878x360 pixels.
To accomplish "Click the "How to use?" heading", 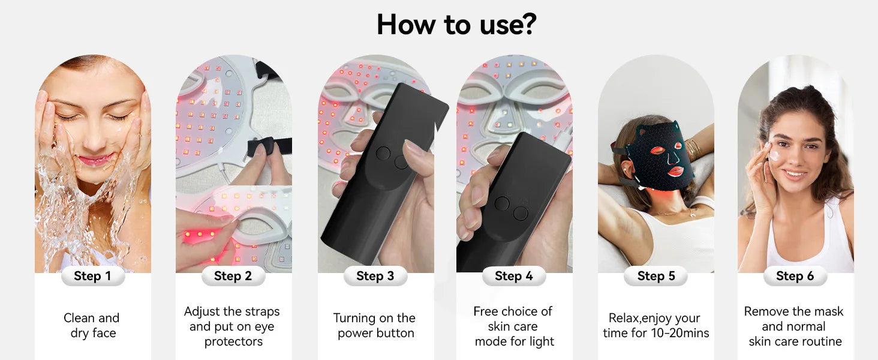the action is click(x=456, y=25).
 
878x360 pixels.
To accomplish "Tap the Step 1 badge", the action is click(x=93, y=276).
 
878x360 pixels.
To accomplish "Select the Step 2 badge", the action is click(x=233, y=276).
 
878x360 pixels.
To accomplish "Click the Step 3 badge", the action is click(x=375, y=276).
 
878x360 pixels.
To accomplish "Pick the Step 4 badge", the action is click(x=514, y=276).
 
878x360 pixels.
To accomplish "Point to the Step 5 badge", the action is click(x=656, y=276).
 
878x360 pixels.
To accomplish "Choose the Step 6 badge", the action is click(x=795, y=276).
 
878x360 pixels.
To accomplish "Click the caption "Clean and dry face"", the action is click(x=92, y=325).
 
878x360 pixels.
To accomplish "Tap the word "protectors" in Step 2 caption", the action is click(x=234, y=342).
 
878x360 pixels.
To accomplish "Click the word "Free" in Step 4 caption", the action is click(x=485, y=311).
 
